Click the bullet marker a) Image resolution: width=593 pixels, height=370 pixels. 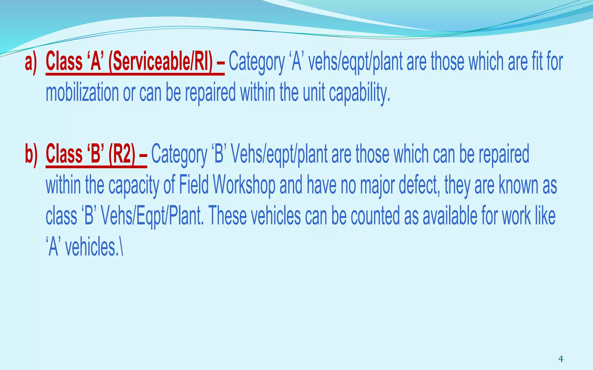[31, 62]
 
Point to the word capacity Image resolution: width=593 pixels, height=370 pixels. [134, 185]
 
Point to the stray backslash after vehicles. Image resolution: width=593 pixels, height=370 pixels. [121, 247]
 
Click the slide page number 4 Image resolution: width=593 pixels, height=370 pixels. [561, 359]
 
